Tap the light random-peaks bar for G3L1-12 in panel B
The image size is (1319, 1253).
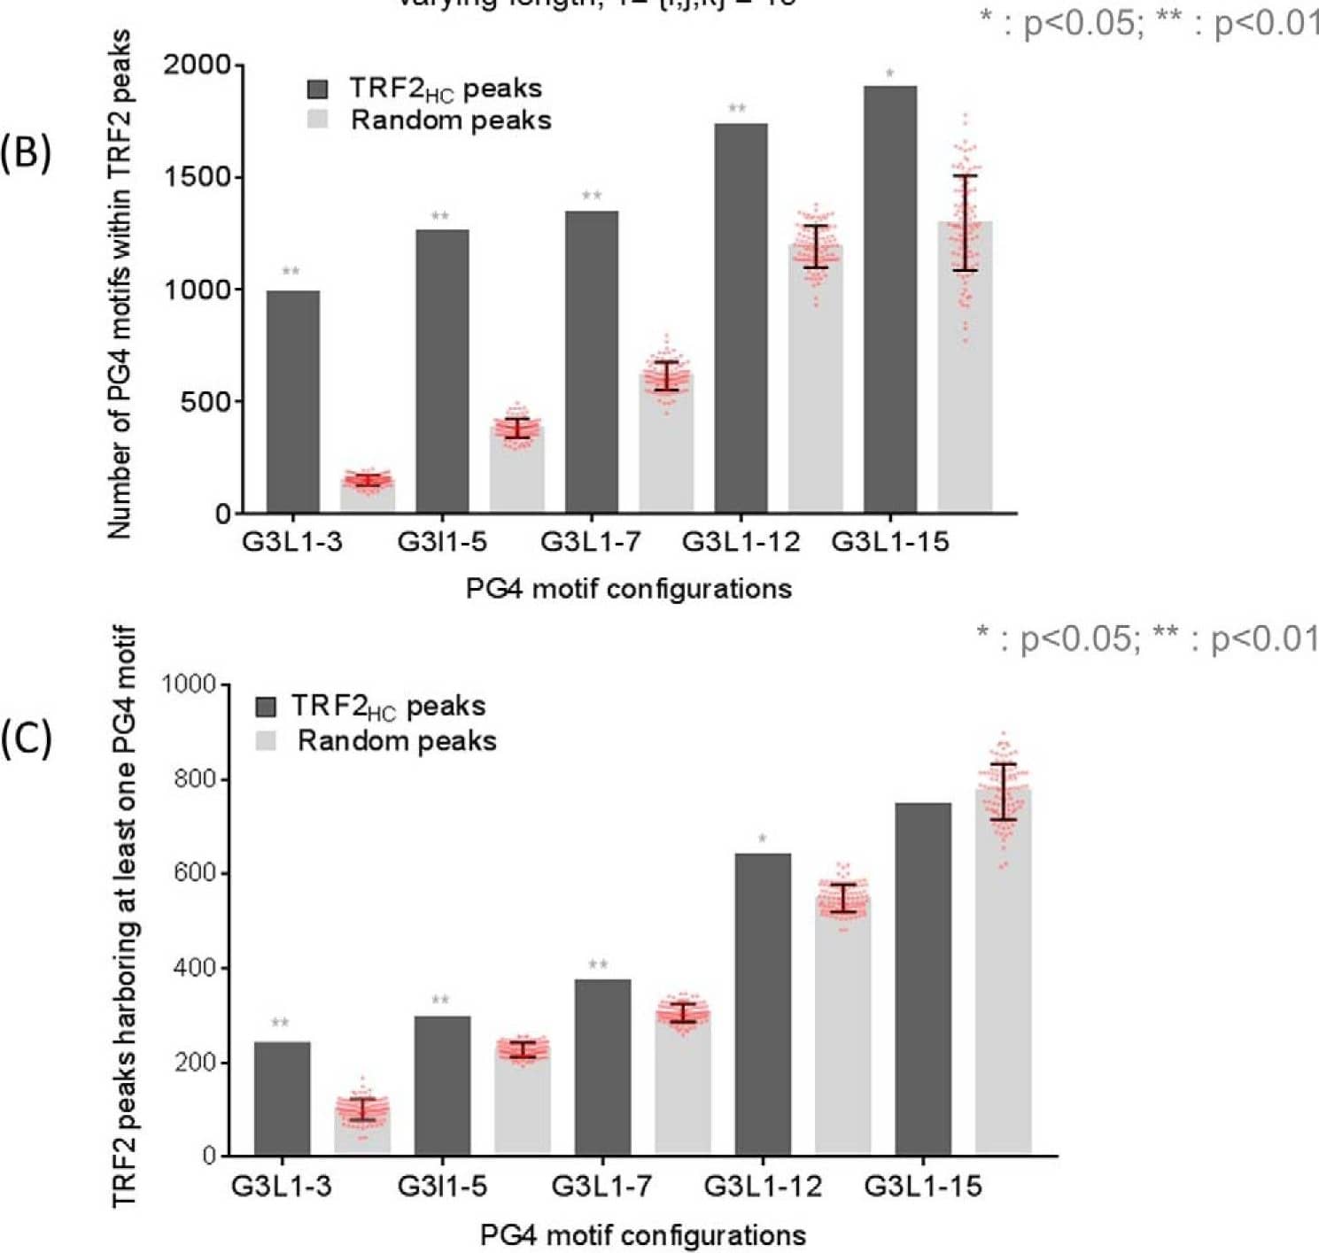815,381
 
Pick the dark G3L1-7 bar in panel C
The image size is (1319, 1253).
602,1067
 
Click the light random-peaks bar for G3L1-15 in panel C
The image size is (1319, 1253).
1003,974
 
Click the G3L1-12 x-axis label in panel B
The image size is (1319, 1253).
741,541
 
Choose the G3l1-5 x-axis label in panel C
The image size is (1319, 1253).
442,1185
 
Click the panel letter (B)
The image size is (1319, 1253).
26,152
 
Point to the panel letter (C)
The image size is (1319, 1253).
26,738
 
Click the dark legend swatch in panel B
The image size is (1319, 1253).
317,89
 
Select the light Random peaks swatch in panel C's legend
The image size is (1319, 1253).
266,740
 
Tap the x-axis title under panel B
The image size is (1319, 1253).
628,588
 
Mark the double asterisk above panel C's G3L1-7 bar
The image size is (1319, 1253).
598,964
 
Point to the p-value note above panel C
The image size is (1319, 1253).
1146,638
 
